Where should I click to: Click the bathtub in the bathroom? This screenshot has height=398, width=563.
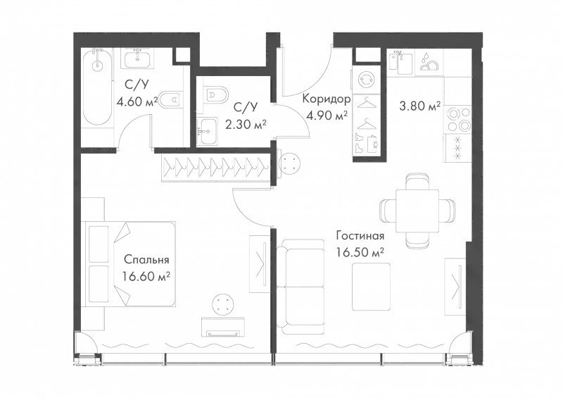97,98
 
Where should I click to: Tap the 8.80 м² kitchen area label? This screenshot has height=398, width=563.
419,108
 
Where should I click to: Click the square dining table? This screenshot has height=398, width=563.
416,209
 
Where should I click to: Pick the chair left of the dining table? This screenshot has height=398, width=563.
388,209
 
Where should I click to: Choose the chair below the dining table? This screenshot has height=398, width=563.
416,240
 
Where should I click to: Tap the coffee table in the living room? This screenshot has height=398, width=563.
371,287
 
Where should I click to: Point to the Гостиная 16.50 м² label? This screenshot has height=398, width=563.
360,244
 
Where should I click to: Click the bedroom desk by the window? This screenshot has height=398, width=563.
224,326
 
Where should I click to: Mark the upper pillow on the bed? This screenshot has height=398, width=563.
99,244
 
